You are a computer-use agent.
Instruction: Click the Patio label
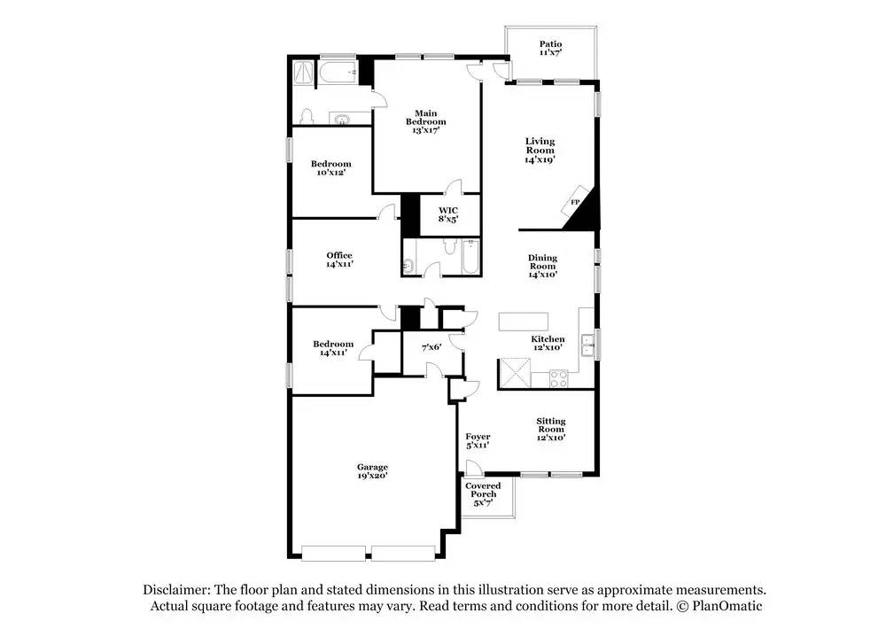pos(550,49)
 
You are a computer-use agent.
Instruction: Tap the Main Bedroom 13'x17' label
pos(425,121)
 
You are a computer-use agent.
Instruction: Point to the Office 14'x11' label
pos(338,260)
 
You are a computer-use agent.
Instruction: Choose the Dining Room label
pos(542,266)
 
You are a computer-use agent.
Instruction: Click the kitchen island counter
pos(524,321)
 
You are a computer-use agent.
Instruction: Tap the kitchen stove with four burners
pos(560,378)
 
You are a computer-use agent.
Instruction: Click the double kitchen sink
pos(587,344)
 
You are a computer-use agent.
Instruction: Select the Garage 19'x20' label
pos(372,471)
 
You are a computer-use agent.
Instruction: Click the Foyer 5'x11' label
pos(478,441)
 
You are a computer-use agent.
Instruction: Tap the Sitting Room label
pos(550,430)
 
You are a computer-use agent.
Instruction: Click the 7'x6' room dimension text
pos(431,347)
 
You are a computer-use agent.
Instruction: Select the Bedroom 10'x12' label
pos(330,167)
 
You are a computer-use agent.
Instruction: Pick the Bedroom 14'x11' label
pos(332,348)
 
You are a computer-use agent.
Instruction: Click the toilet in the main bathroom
pos(307,116)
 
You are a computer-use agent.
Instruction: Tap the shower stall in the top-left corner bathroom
pos(304,71)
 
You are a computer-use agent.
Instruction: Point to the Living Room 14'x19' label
pos(540,151)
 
